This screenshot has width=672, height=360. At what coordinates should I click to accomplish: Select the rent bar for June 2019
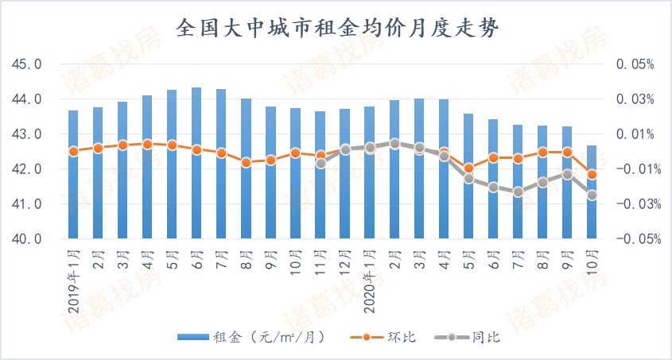coord(196,163)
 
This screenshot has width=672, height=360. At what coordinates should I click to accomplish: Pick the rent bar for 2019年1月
coord(73,175)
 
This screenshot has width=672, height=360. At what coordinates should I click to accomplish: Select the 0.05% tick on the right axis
coord(635,64)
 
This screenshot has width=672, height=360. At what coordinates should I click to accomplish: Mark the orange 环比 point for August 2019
coord(246,162)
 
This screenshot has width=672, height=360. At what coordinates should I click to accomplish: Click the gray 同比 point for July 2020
coord(518,192)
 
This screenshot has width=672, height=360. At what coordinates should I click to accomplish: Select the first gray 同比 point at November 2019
coord(320,163)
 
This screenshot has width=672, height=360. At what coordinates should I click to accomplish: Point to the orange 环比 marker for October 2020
coord(592,174)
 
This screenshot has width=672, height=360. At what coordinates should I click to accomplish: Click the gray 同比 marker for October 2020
coord(592,195)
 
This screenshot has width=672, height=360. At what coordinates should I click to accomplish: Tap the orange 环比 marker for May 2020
coord(468,168)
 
